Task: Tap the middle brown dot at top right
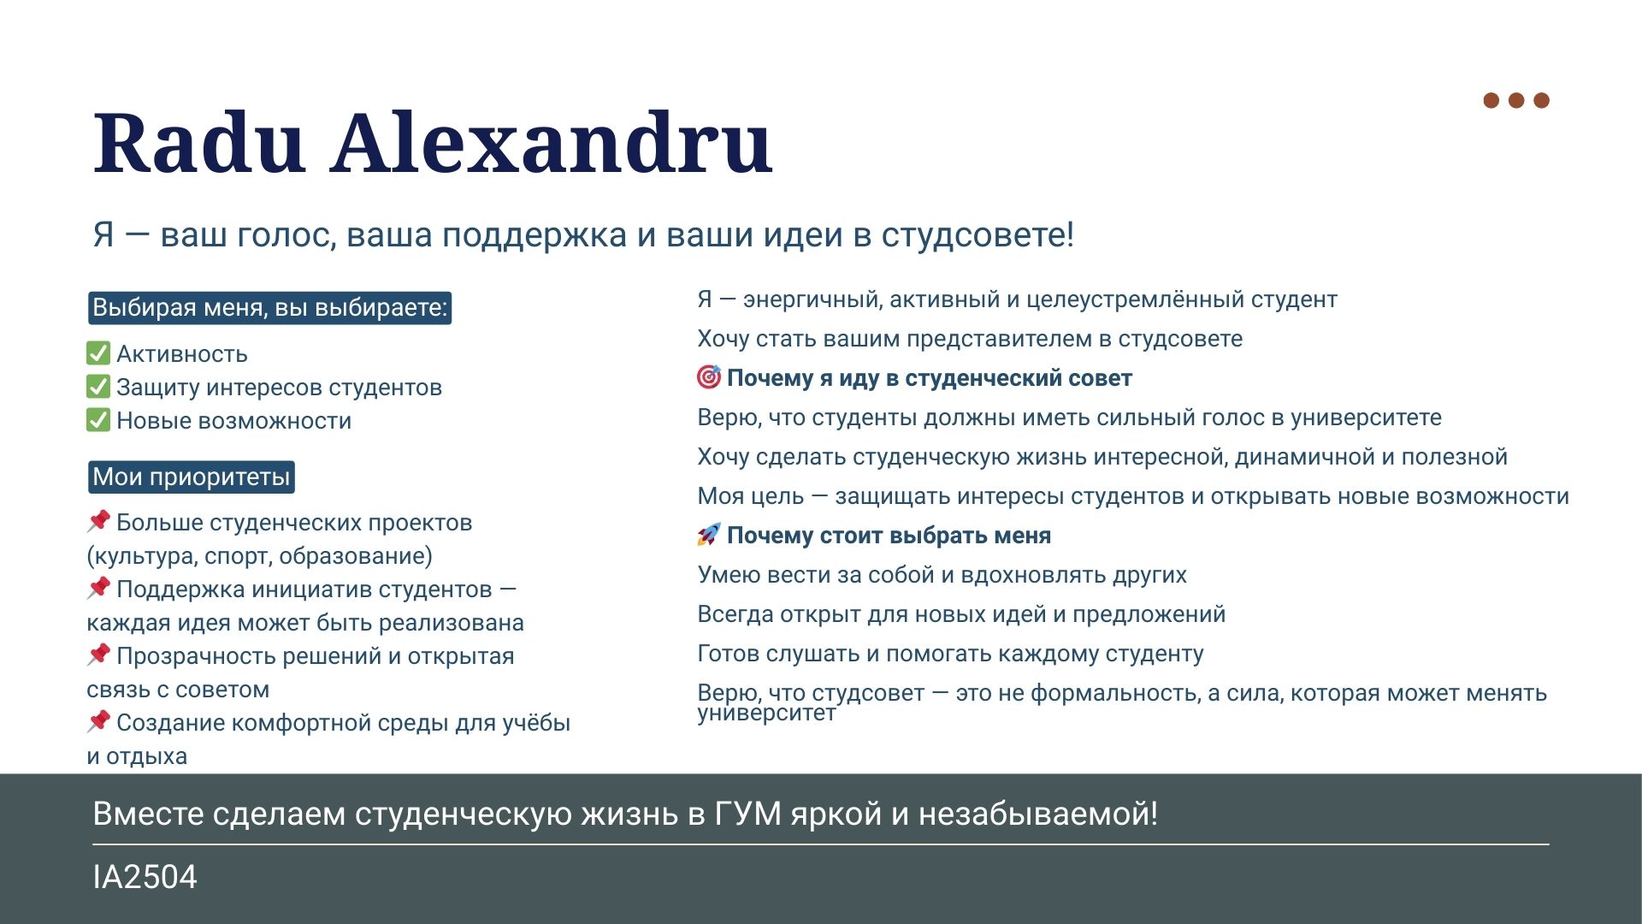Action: click(x=1516, y=100)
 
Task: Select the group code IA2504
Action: click(x=145, y=877)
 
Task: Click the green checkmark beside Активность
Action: click(x=98, y=353)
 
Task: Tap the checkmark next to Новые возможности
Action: click(x=98, y=420)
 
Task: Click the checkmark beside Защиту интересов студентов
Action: click(x=98, y=387)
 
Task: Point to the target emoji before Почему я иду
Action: click(x=709, y=376)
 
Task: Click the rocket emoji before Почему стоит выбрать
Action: click(x=709, y=535)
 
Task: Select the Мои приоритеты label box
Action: click(x=192, y=477)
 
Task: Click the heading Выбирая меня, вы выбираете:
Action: click(x=270, y=307)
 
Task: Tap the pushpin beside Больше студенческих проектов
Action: click(x=98, y=521)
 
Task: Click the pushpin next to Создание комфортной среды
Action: click(x=98, y=721)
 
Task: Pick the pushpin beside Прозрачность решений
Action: click(x=98, y=654)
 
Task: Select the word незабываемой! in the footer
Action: click(x=1038, y=814)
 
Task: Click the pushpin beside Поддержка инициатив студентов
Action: click(x=98, y=588)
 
